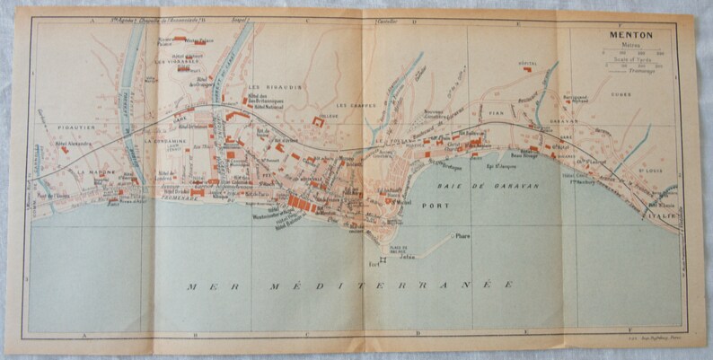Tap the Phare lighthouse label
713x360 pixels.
[463, 236]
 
